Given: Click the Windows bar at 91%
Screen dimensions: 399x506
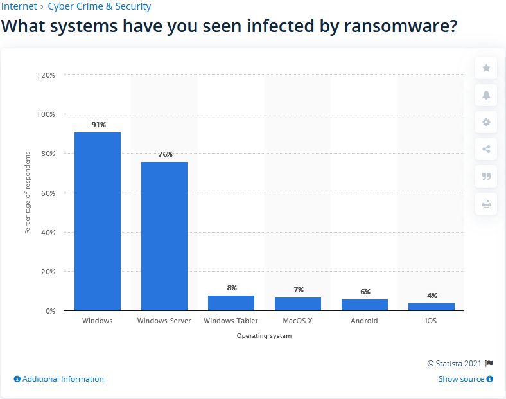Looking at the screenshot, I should tap(98, 222).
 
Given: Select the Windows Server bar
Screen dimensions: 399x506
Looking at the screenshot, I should tap(164, 236).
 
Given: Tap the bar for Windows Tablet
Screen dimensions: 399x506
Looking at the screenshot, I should tap(231, 303).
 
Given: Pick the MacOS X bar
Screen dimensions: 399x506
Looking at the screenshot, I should tap(298, 304).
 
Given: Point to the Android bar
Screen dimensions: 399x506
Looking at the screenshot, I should tap(365, 305).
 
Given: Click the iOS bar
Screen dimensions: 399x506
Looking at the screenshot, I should tap(432, 307).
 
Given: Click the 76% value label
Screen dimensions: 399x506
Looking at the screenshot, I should tap(165, 154).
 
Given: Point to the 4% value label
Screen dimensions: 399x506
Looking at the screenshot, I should tap(432, 296).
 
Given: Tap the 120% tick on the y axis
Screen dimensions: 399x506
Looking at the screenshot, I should tap(46, 75).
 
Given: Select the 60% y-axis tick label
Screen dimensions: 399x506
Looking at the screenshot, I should tap(48, 193).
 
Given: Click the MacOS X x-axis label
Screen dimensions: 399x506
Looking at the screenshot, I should tap(297, 321).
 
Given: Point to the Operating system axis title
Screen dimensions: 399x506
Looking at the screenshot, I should tap(264, 336).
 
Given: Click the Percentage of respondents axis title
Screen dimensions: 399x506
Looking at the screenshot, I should tap(28, 193).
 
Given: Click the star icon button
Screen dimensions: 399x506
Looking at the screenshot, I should tap(486, 67).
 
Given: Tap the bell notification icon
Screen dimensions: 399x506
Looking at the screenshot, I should tap(486, 95).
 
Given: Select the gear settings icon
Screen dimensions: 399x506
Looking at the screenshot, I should tap(486, 122).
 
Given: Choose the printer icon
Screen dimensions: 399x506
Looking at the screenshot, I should tap(486, 204).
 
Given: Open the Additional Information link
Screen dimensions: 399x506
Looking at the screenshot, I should tap(59, 379).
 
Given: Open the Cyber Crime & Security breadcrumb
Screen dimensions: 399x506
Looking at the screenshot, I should tap(99, 6).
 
